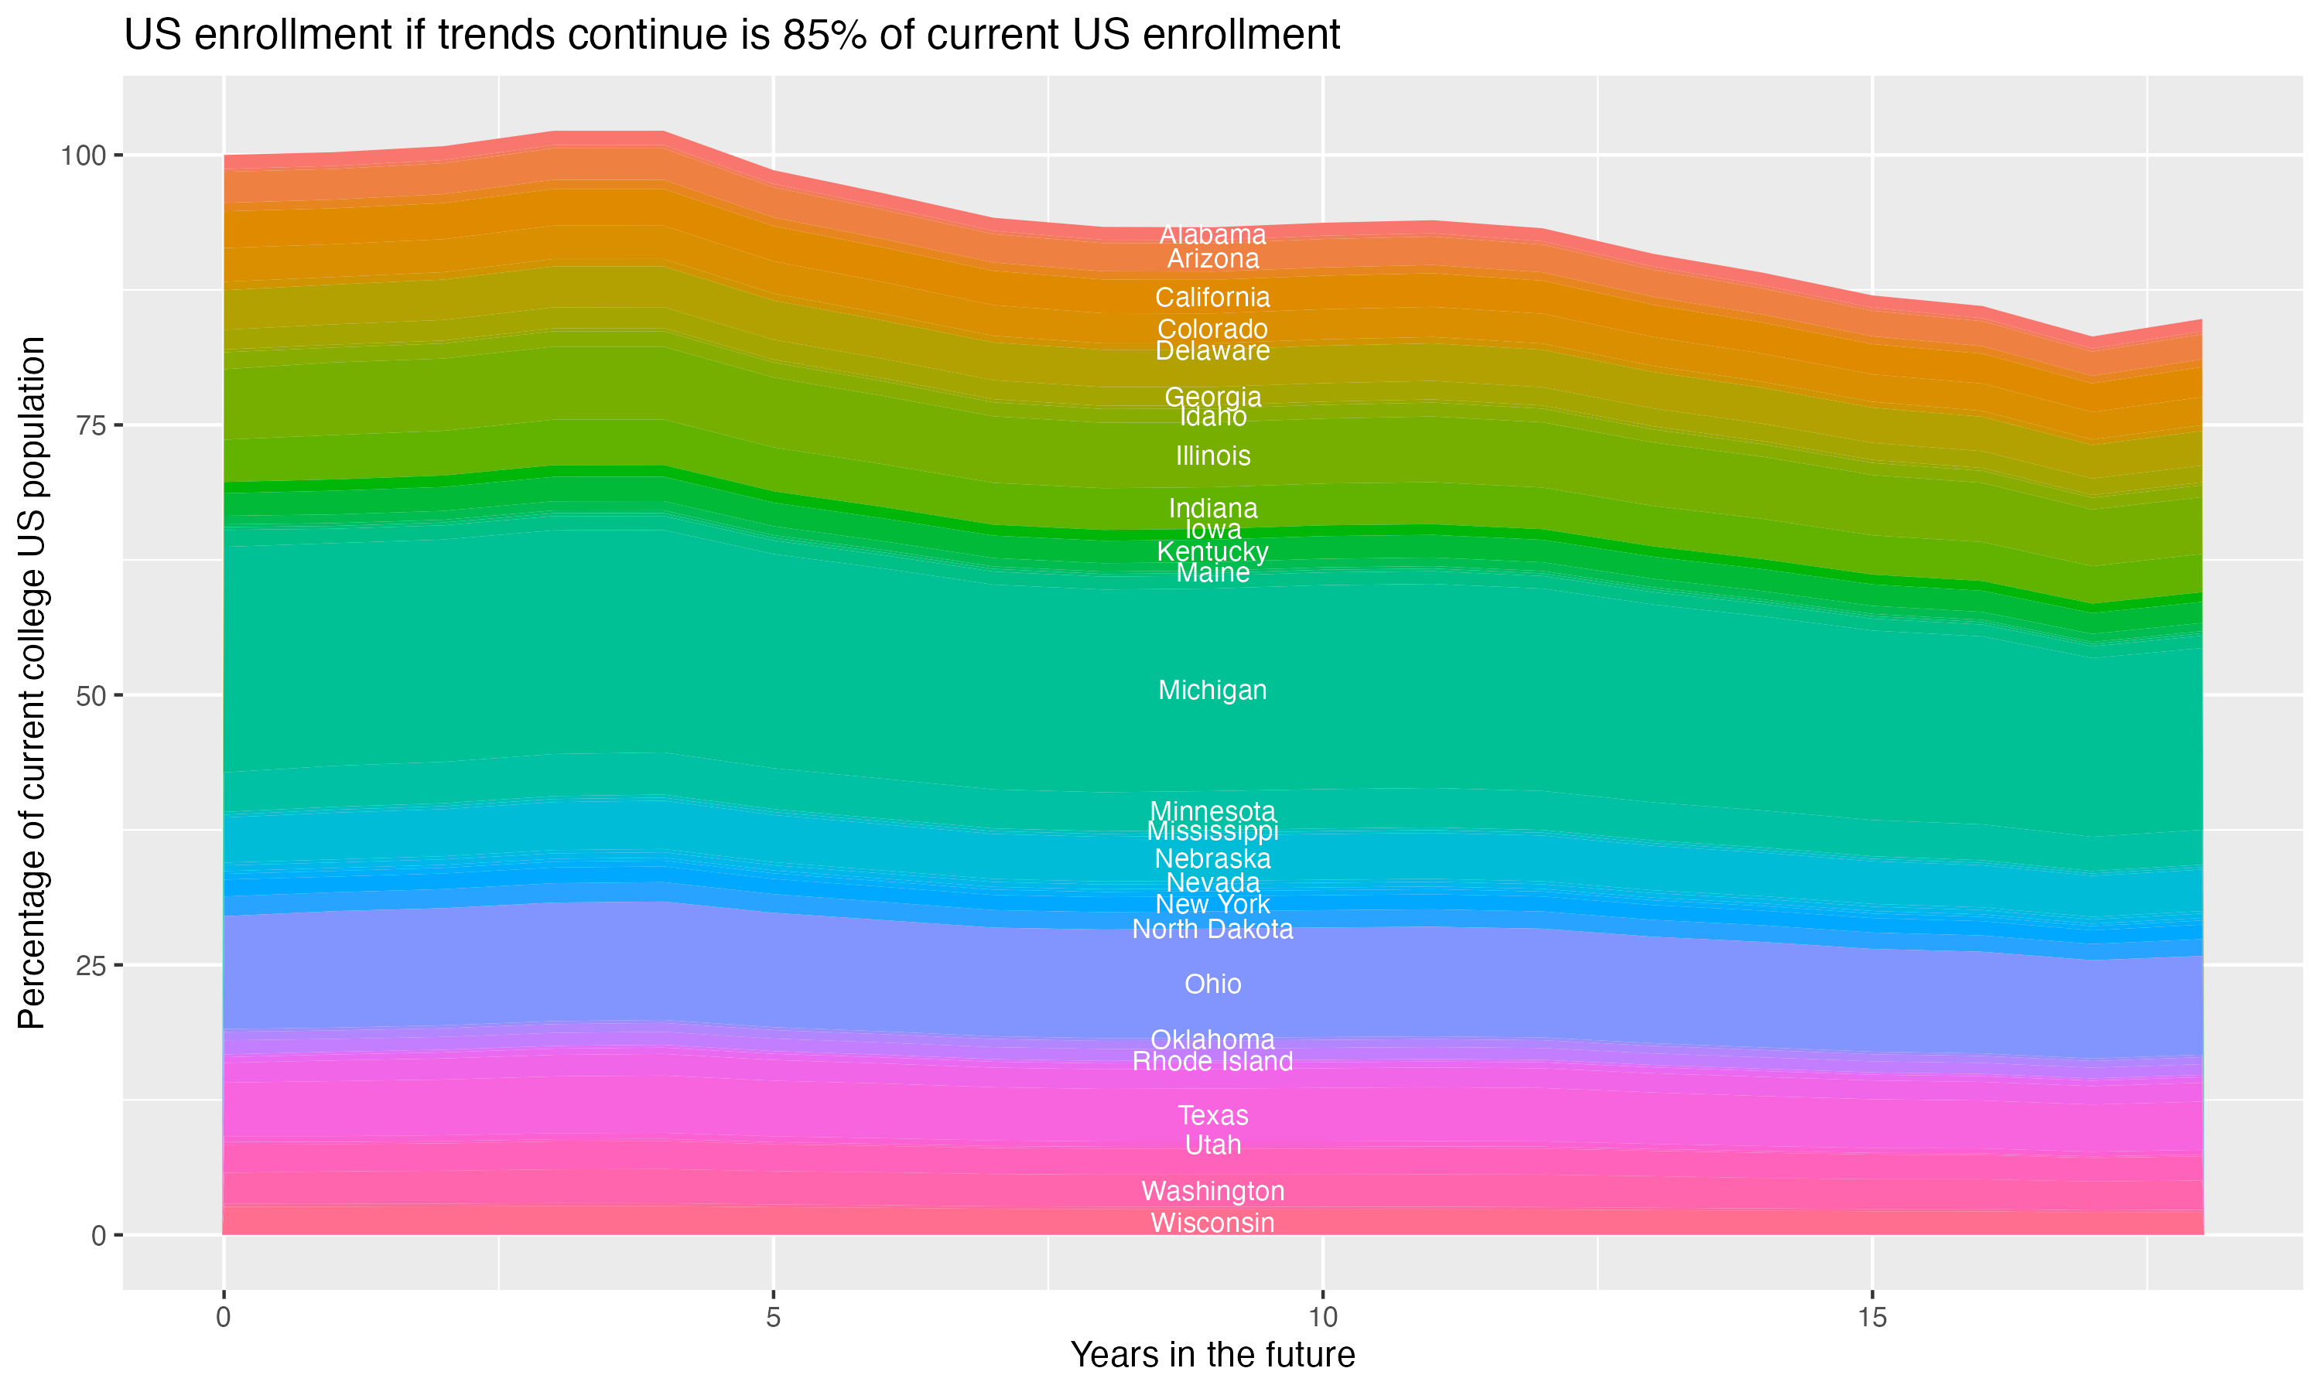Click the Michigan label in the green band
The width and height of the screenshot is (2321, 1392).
point(1212,691)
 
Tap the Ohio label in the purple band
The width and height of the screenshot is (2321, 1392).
point(1212,984)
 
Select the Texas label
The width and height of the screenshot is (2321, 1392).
point(1212,1115)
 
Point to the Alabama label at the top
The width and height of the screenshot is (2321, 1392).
point(1212,234)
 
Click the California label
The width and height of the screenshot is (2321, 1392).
point(1212,298)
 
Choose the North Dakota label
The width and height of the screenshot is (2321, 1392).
point(1212,930)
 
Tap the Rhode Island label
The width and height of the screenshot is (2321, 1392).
point(1212,1062)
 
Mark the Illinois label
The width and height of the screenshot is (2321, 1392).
point(1212,455)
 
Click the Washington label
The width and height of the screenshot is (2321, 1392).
point(1212,1191)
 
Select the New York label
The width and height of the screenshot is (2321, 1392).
point(1212,904)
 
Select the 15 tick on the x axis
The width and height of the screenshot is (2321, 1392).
point(1871,1318)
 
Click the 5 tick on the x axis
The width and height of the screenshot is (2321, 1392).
point(773,1318)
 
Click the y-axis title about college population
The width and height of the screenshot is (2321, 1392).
point(32,683)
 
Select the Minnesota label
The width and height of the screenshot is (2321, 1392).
point(1212,811)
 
